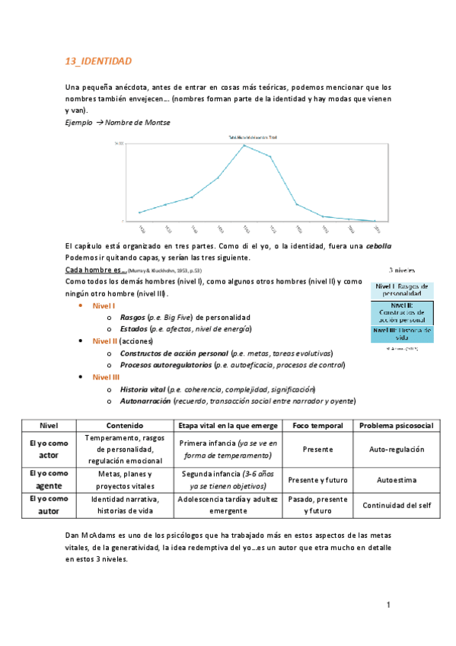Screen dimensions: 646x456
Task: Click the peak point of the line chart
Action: [244, 145]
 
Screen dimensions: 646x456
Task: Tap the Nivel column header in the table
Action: [48, 425]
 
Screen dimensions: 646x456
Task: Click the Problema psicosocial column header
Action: [396, 425]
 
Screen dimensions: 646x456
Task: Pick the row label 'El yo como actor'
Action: [48, 449]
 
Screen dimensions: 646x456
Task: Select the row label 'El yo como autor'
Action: [48, 504]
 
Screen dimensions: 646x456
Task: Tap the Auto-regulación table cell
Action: [396, 449]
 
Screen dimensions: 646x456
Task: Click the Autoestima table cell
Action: [396, 480]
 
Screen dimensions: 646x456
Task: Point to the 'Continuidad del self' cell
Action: [396, 504]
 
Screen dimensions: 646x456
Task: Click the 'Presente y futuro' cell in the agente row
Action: [317, 480]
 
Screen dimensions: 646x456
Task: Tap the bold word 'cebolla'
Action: [378, 246]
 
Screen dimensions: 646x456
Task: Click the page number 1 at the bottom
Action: [388, 606]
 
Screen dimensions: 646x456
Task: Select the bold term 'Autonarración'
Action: [145, 401]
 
